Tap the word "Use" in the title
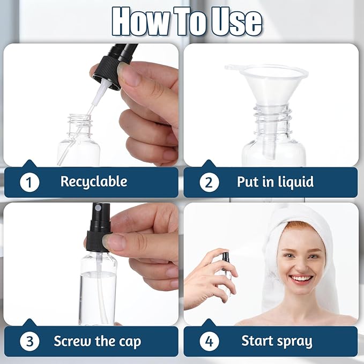(235, 21)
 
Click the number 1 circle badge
(29, 182)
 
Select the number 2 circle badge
(209, 182)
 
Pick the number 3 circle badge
(29, 341)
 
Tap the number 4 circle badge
(209, 341)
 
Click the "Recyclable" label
(93, 182)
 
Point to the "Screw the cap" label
(97, 341)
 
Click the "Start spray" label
(277, 341)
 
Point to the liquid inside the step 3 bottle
(98, 298)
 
